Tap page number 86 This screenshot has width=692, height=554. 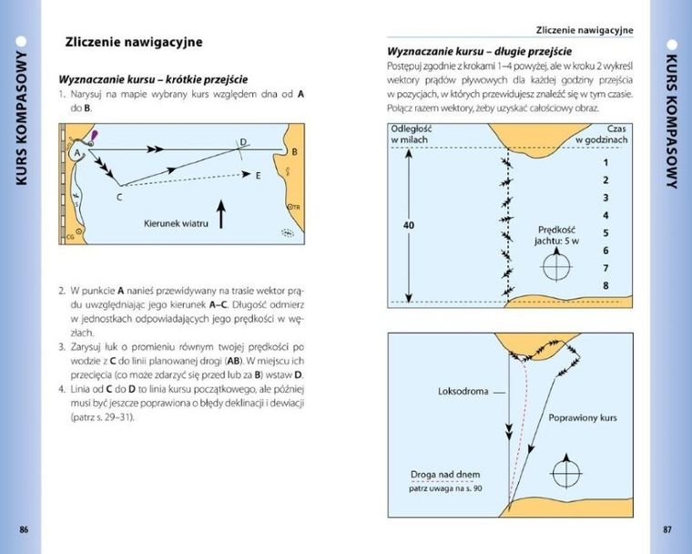[x=25, y=528]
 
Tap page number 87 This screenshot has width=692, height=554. [x=667, y=528]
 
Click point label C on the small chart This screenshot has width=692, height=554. [x=118, y=194]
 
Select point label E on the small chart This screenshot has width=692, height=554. [x=258, y=175]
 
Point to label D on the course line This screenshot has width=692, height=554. [x=243, y=141]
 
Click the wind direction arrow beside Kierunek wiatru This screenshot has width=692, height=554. [x=220, y=215]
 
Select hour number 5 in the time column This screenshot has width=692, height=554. [x=605, y=232]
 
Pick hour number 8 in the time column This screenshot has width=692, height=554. [x=605, y=285]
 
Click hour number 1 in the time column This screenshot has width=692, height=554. [x=605, y=162]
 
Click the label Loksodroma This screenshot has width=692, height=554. [x=463, y=392]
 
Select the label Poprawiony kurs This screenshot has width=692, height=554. [x=584, y=419]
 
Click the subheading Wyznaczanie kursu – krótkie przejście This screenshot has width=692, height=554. [x=153, y=78]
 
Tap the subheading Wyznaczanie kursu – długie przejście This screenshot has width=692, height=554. [x=479, y=51]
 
